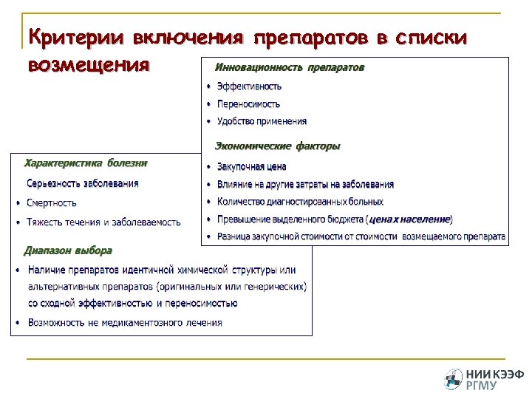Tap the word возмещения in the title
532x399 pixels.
[88, 64]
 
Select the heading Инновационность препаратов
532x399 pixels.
[289, 67]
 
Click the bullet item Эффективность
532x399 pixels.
[249, 86]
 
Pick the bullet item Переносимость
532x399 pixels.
[248, 104]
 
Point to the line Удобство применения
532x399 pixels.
[262, 121]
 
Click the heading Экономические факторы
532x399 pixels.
[277, 146]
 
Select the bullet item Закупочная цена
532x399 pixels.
[251, 167]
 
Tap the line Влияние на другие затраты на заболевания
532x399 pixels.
[305, 184]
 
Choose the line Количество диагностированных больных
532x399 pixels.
[300, 202]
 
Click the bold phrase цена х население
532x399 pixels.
[409, 219]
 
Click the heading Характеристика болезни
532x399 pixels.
[86, 163]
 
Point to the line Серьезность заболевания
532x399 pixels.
[83, 183]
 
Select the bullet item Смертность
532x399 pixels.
[52, 202]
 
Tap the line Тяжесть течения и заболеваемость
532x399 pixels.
[103, 222]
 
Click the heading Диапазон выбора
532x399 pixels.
[68, 250]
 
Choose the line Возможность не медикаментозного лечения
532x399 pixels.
[125, 323]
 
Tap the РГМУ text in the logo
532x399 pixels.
[481, 385]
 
